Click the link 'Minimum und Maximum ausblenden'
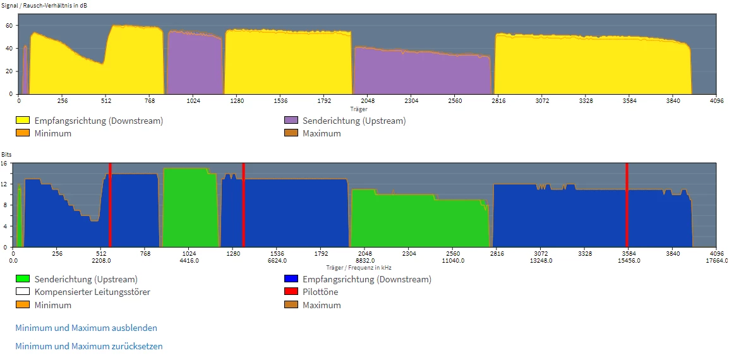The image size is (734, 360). tap(86, 328)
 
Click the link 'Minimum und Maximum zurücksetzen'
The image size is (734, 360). tap(88, 346)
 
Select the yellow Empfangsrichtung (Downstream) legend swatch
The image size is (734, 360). tap(22, 120)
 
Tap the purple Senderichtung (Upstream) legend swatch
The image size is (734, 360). tap(291, 120)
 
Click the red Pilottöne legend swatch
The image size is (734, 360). tap(291, 292)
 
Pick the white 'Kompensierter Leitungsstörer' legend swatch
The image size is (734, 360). tap(22, 292)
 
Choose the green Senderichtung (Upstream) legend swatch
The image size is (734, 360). tap(22, 279)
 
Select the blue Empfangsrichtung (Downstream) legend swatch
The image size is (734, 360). tap(291, 279)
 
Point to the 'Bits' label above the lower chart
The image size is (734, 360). tap(6, 154)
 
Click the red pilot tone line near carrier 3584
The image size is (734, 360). tap(627, 205)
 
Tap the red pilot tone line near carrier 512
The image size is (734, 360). tap(110, 205)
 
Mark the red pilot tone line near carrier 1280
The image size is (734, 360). tap(243, 205)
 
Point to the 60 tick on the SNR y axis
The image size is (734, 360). tap(10, 25)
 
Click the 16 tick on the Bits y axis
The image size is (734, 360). tap(4, 163)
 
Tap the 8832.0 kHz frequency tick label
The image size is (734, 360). tap(365, 260)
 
